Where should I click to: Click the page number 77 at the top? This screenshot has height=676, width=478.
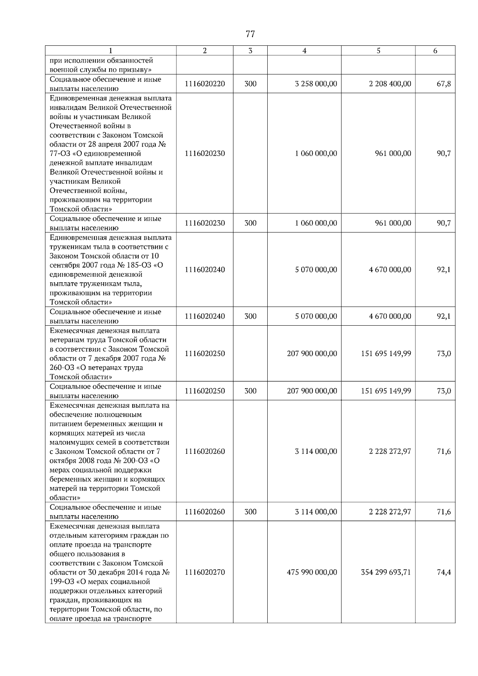coord(250,34)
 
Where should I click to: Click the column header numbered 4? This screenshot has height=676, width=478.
coord(304,51)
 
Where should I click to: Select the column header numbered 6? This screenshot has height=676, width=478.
coord(435,51)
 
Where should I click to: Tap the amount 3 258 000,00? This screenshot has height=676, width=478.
coord(316,84)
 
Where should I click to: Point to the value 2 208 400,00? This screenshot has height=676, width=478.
coord(390,84)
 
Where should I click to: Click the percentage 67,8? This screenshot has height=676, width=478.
coord(444,84)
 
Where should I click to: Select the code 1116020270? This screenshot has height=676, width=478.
coord(205,572)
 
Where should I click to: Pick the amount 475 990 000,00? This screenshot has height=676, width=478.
coord(312,572)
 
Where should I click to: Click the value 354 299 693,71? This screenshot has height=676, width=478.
coord(386,572)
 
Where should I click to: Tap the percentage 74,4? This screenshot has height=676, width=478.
coord(444,572)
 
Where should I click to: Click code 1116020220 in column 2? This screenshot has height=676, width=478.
coord(205,84)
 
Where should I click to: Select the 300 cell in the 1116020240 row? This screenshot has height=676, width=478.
coord(250,317)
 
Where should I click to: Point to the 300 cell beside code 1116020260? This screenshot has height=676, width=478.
coord(250,512)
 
